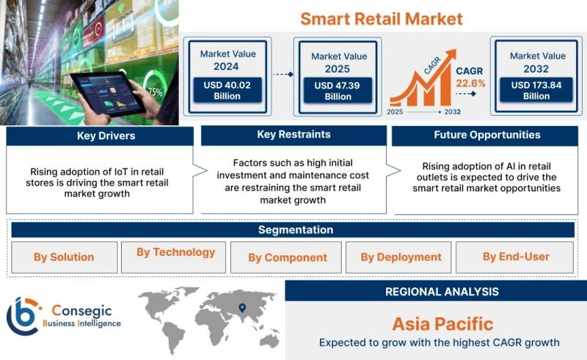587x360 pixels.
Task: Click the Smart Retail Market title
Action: [382, 19]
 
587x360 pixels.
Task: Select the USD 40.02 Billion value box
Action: [227, 90]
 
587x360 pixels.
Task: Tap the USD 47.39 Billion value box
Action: [338, 91]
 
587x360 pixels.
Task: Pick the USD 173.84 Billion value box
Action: [536, 90]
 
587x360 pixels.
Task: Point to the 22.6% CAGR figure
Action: [470, 83]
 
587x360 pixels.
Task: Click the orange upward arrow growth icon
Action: [423, 78]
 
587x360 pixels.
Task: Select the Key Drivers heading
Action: [106, 136]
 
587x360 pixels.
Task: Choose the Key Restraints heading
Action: [294, 134]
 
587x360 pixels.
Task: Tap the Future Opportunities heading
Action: [487, 135]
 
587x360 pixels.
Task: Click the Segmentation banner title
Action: [296, 229]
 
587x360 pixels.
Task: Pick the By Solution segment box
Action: [65, 257]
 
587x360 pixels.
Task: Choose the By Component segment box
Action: [286, 257]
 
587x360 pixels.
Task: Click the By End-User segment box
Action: [514, 257]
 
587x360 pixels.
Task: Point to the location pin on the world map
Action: [242, 308]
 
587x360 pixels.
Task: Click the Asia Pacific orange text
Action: [443, 324]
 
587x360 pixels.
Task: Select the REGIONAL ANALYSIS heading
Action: [442, 292]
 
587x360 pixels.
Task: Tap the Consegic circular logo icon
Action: [23, 316]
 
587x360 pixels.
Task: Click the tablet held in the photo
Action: [108, 94]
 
